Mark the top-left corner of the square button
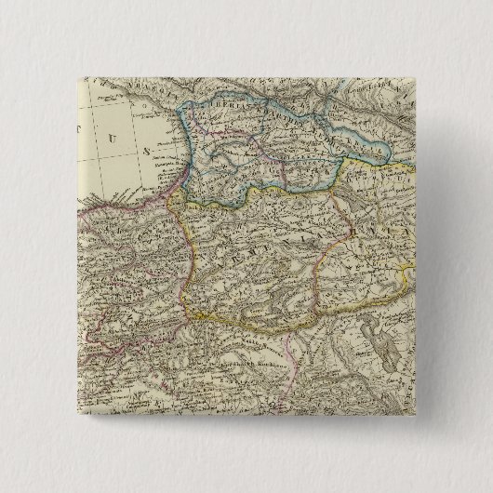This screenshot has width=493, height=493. [x=72, y=72]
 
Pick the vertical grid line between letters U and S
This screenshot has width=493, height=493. [x=136, y=149]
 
